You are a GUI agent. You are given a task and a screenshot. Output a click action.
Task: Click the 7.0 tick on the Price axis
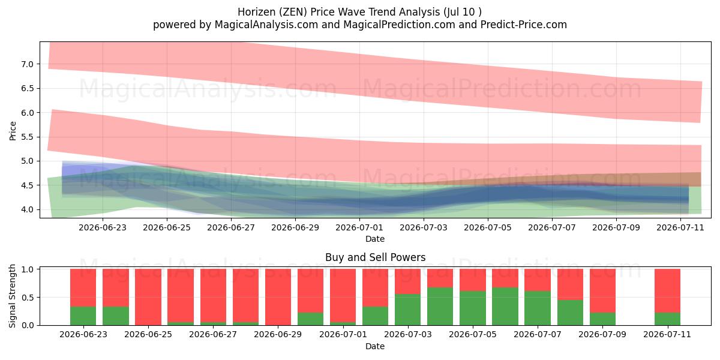(x=28, y=64)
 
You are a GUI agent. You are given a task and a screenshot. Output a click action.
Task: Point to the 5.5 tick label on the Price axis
(x=28, y=137)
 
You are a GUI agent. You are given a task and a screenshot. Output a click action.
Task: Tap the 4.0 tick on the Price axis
(x=28, y=209)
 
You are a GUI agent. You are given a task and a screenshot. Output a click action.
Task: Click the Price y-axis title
(x=13, y=131)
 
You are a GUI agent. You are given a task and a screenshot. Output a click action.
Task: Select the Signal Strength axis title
(x=12, y=296)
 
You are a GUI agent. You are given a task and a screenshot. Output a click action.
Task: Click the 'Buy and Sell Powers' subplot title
(x=375, y=257)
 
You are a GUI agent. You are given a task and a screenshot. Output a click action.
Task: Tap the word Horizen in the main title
(x=257, y=12)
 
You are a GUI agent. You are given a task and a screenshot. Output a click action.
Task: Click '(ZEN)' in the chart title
(x=293, y=12)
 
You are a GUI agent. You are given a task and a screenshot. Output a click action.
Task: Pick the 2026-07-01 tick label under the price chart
(x=359, y=227)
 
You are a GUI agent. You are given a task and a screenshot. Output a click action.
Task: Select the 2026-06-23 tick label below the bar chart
(x=83, y=335)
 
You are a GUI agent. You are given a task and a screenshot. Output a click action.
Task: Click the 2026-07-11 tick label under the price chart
(x=680, y=227)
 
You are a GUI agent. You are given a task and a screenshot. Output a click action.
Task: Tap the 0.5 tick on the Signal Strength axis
(x=28, y=298)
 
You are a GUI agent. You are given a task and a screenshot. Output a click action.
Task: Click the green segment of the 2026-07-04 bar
(x=440, y=307)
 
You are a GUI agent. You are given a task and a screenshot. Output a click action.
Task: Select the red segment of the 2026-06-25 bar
(x=148, y=297)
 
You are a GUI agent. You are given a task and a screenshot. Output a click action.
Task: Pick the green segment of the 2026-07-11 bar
(x=667, y=319)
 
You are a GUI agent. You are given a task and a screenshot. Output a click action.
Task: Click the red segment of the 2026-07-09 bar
(x=602, y=290)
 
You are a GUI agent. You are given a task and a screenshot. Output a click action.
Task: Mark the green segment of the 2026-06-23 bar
(x=83, y=316)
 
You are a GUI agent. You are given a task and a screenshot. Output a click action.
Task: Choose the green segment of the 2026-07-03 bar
(x=407, y=310)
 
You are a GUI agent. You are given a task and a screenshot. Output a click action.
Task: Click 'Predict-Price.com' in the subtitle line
(x=524, y=25)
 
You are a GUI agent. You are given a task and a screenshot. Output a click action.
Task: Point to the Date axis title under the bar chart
(x=375, y=346)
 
